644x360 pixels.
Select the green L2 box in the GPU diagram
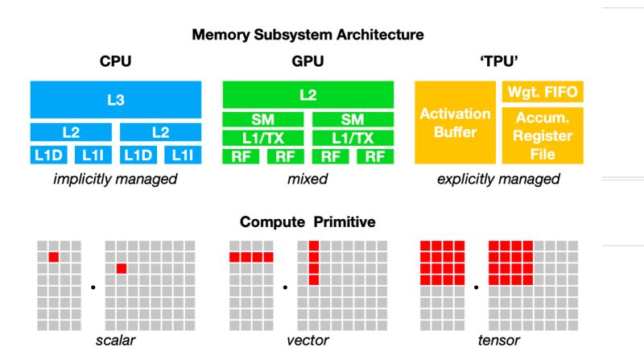(308, 94)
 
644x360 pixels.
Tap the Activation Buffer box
(455, 122)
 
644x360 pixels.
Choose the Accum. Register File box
(543, 135)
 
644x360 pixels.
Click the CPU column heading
(114, 61)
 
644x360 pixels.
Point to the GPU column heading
(308, 61)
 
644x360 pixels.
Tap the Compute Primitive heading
(308, 221)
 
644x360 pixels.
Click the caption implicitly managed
(114, 179)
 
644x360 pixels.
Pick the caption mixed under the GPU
(308, 179)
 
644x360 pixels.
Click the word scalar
(114, 341)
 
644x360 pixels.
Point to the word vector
(308, 341)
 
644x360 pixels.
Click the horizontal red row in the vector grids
(251, 257)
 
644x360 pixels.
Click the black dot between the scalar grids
(93, 286)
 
